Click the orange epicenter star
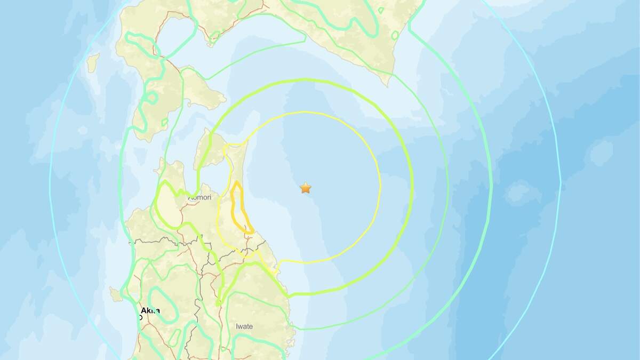coord(306,188)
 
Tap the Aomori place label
coord(200,197)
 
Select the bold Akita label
coord(150,311)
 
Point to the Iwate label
coord(244,326)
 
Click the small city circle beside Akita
coord(140,317)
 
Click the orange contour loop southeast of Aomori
coord(241,208)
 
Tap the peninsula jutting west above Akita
coord(115,293)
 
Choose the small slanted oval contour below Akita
coord(173,337)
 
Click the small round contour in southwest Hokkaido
coord(151,98)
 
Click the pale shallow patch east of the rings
coord(516,192)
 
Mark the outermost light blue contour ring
coord(560,181)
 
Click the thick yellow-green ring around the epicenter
coord(413,187)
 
